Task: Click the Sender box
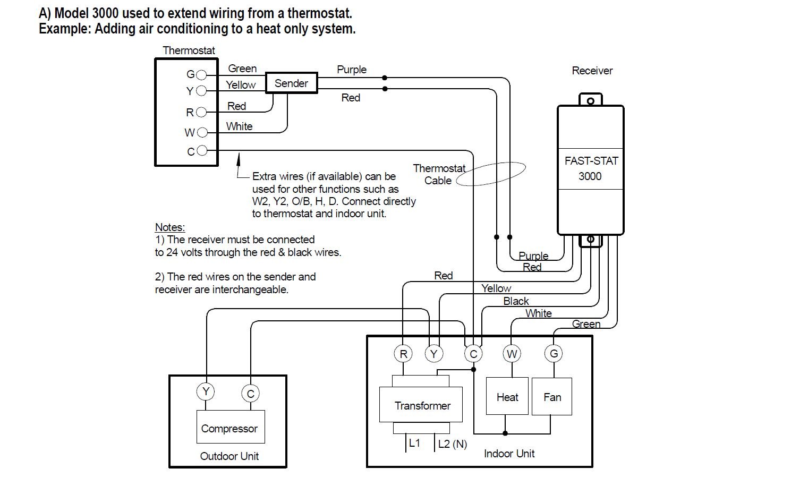click(x=291, y=83)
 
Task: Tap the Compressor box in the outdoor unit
click(x=229, y=428)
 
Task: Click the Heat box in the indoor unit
click(x=507, y=396)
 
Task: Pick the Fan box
click(x=552, y=396)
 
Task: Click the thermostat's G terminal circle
click(x=201, y=75)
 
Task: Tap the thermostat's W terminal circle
click(x=202, y=132)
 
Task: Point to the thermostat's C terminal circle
click(x=201, y=151)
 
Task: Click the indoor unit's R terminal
click(x=403, y=354)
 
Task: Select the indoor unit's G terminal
click(x=554, y=353)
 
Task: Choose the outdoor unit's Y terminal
click(x=206, y=392)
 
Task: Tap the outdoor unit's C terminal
click(x=250, y=394)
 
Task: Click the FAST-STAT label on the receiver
click(x=591, y=161)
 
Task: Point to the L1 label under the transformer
click(x=414, y=442)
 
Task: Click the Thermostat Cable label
click(x=439, y=174)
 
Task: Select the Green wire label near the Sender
click(x=242, y=69)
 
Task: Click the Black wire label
click(x=516, y=301)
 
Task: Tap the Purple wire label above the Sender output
click(x=352, y=70)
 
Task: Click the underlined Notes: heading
click(x=170, y=227)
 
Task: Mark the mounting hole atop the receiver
click(x=590, y=100)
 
